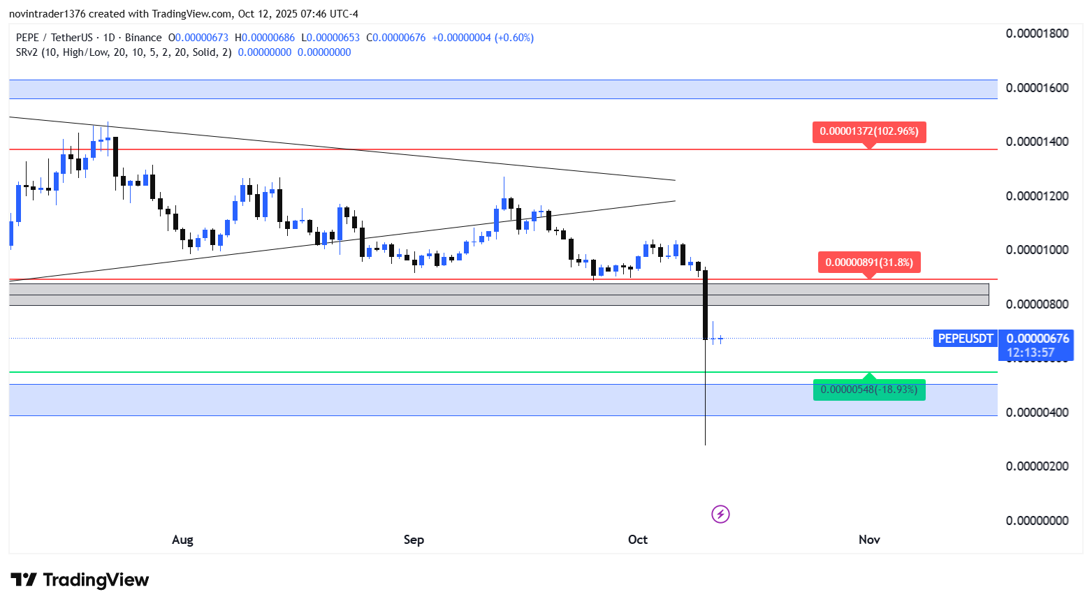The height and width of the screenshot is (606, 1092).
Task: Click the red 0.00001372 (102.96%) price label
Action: click(x=869, y=131)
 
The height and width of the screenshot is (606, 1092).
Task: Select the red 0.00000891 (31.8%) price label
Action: click(x=869, y=263)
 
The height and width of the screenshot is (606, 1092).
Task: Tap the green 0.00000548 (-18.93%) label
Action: click(x=869, y=390)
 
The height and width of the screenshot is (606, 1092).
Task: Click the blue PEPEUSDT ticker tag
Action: click(x=965, y=339)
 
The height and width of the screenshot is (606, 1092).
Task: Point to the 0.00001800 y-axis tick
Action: click(x=1037, y=34)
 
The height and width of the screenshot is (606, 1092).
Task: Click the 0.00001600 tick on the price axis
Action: click(x=1037, y=88)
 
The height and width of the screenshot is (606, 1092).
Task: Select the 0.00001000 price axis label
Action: click(x=1037, y=250)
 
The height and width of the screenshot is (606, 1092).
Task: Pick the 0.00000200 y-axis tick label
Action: click(x=1037, y=466)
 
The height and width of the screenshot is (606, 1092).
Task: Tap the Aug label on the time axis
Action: click(x=182, y=540)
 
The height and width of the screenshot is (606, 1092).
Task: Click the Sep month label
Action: click(x=414, y=540)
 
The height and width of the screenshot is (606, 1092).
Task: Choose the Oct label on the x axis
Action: click(x=637, y=540)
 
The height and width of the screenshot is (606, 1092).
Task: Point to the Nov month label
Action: click(x=869, y=540)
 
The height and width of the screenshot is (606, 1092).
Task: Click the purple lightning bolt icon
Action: click(x=720, y=515)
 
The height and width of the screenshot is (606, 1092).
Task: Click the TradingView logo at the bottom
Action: click(x=80, y=580)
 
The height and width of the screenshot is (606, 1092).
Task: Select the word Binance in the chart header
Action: click(x=143, y=38)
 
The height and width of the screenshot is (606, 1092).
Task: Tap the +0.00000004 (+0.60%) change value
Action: click(x=483, y=38)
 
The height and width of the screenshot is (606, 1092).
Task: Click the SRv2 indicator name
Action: click(x=27, y=52)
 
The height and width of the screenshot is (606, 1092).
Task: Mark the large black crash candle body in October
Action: click(x=706, y=304)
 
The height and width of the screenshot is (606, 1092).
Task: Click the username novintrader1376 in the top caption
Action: click(x=48, y=14)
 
